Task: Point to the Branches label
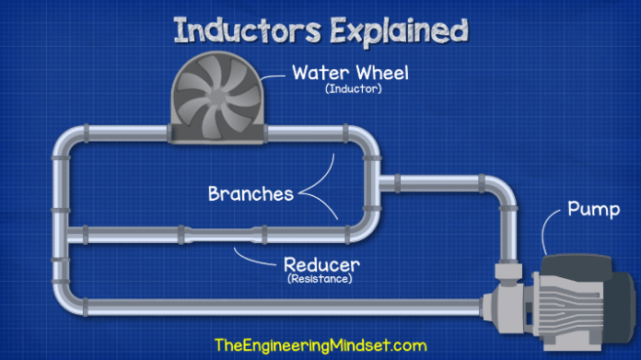coord(251,194)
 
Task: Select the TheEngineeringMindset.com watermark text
coord(320,343)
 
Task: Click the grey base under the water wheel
coord(218,137)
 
